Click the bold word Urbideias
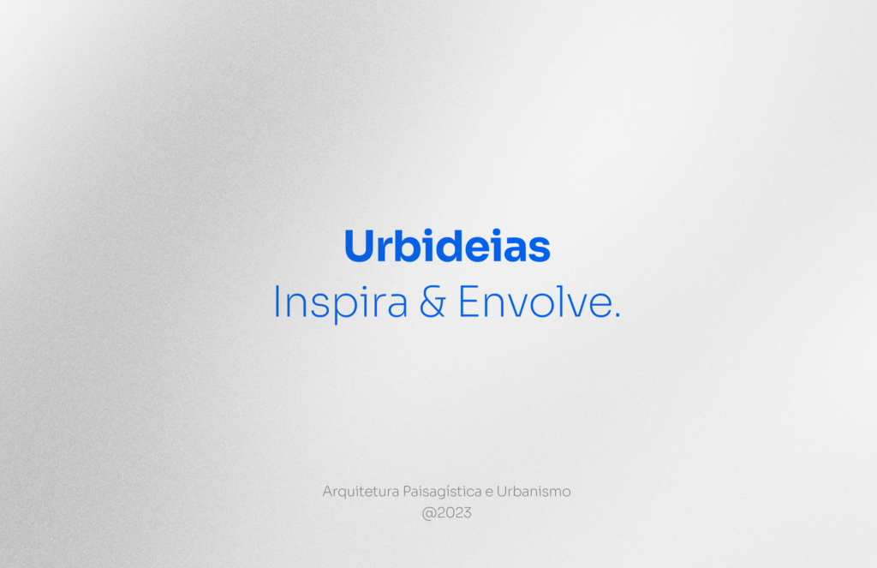[x=446, y=247]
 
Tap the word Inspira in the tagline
[x=340, y=302]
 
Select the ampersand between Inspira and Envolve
[x=433, y=302]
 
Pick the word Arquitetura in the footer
[x=354, y=493]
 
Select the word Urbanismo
[x=534, y=493]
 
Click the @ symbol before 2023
[x=429, y=514]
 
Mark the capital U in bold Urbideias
[x=359, y=247]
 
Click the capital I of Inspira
[x=277, y=302]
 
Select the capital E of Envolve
[x=468, y=302]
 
